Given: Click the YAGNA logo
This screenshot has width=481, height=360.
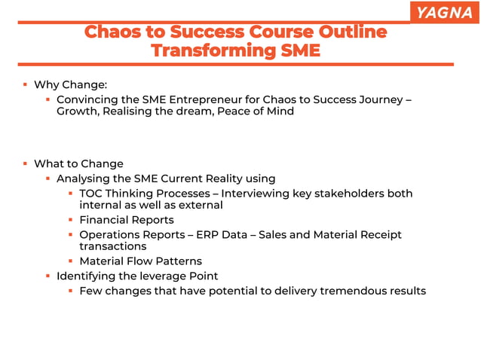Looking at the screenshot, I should pos(445,12).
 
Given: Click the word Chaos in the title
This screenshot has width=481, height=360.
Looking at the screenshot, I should pos(110,32).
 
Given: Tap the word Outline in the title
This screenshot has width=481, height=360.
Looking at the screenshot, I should pos(354,32).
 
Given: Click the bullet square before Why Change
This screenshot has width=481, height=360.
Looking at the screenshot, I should pos(25,84).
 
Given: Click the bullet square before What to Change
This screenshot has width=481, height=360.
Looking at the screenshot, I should pos(25,163).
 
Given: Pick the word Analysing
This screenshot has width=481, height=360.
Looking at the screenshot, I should pos(84,178).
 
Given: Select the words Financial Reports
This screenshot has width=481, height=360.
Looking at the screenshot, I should pos(126,220).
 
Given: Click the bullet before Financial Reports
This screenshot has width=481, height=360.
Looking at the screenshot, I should pos(70,220).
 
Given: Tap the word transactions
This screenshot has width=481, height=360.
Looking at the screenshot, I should pos(112,246).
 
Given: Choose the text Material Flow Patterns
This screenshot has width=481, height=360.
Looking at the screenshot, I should pos(140,261).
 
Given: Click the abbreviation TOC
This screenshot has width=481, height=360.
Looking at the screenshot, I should pos(92,194).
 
